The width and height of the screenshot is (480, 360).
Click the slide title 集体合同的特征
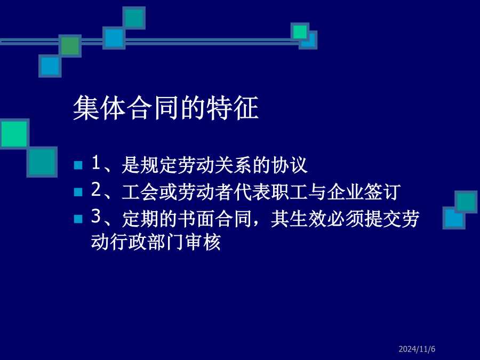click(x=166, y=108)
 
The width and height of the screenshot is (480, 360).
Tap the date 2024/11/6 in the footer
click(x=417, y=349)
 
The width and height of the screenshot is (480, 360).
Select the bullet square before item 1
click(x=78, y=165)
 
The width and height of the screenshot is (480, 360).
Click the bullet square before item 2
click(x=78, y=192)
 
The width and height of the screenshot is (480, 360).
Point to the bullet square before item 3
click(x=78, y=219)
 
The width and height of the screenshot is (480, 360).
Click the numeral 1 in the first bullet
click(x=96, y=163)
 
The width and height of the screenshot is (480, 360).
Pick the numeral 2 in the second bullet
click(x=96, y=189)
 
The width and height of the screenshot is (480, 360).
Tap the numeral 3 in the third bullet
click(x=96, y=216)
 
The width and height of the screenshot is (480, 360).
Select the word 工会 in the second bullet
click(x=140, y=192)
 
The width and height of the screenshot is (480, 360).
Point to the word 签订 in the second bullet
click(x=382, y=192)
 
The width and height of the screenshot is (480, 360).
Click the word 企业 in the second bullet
click(x=345, y=192)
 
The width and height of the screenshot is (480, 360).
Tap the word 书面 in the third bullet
click(x=196, y=219)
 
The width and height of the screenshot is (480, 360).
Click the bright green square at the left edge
click(x=14, y=133)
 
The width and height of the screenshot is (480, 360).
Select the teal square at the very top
click(x=134, y=18)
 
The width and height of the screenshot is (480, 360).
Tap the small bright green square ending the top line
click(x=300, y=32)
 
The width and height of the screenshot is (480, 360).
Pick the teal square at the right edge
click(x=466, y=202)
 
